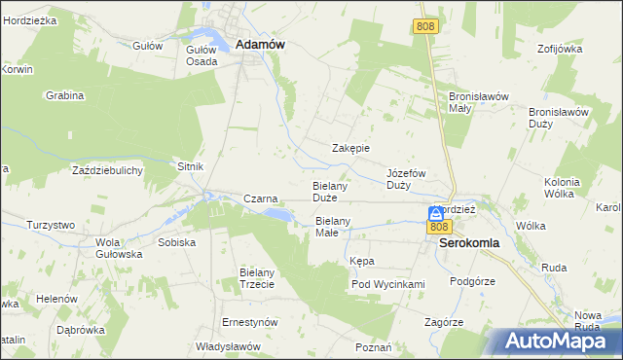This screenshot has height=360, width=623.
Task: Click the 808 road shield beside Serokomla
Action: coord(437,228)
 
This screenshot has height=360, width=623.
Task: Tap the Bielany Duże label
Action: coord(331,191)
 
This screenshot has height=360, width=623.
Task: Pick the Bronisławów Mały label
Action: coord(473,102)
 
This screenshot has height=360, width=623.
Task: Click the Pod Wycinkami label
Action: coord(388,284)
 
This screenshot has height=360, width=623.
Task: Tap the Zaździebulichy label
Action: coord(108,170)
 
